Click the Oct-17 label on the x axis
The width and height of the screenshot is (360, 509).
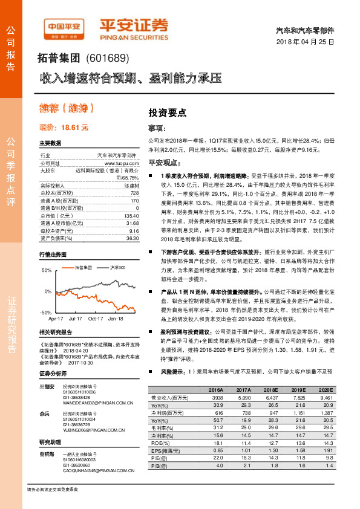(95, 318)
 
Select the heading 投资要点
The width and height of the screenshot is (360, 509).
(168, 112)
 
